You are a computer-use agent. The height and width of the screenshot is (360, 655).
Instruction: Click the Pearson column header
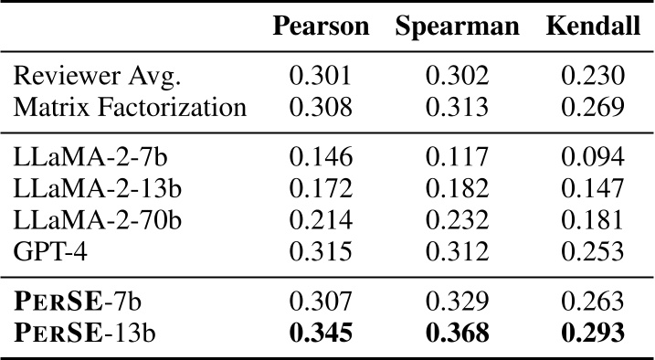coord(321,26)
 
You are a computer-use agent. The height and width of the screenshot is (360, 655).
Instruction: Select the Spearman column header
coord(458,26)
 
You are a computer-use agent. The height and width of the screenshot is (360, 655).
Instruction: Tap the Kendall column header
coord(593,26)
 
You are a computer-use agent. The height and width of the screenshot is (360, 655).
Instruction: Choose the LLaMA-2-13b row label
coord(90,188)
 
